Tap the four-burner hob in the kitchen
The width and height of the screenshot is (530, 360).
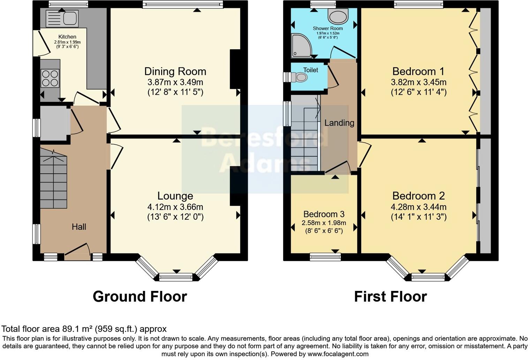point(50,78)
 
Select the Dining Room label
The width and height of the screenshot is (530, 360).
point(175,72)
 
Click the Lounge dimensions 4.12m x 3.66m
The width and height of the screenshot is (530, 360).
point(175,207)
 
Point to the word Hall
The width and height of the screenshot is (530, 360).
point(79,227)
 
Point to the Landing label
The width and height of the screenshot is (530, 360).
point(339,123)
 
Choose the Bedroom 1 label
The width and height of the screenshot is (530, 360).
point(418,72)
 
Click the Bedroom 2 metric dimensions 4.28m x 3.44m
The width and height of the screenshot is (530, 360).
point(418,207)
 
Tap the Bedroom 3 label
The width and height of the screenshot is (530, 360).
point(324,214)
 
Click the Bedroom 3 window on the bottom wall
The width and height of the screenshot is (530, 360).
point(325,257)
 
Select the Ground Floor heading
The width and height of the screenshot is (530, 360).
point(140,297)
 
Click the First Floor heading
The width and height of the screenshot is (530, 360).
point(390,297)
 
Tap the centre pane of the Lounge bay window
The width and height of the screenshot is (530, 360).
point(176,278)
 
